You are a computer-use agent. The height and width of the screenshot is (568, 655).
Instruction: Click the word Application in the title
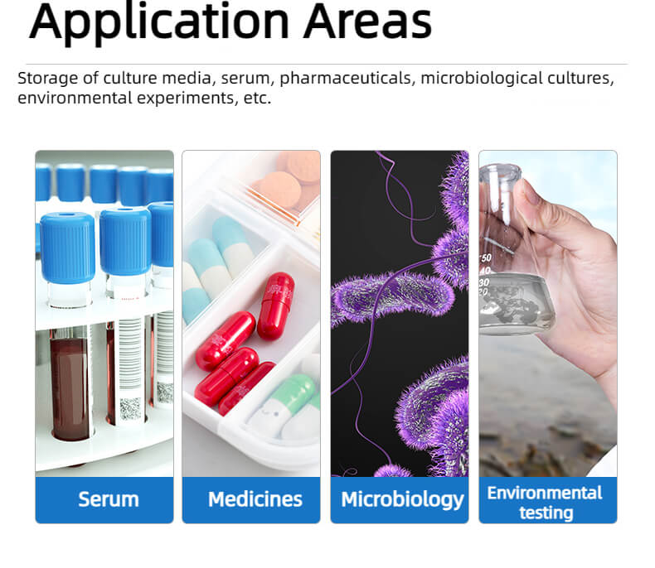point(159,22)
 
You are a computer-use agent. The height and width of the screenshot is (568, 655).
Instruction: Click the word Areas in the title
point(368,22)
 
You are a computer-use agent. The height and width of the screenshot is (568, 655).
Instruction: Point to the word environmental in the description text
point(75,98)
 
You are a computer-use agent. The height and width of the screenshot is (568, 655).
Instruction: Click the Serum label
point(109,499)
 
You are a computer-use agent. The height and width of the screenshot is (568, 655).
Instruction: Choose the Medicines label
point(255,499)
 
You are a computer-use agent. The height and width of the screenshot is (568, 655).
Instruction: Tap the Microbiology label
point(402,500)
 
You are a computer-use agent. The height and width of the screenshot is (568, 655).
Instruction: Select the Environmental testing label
point(545,503)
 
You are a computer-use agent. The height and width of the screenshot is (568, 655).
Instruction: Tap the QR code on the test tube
point(130,409)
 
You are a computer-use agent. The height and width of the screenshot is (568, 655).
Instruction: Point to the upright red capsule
point(275,306)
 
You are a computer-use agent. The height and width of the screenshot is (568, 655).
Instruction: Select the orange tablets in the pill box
point(289,181)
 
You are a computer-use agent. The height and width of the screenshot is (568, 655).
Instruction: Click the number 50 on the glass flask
point(486,258)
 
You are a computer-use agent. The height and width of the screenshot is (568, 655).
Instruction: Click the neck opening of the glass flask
point(500,172)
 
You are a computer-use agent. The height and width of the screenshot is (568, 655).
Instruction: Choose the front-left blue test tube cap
point(67,248)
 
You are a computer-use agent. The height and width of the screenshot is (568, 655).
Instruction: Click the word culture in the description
point(130,78)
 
